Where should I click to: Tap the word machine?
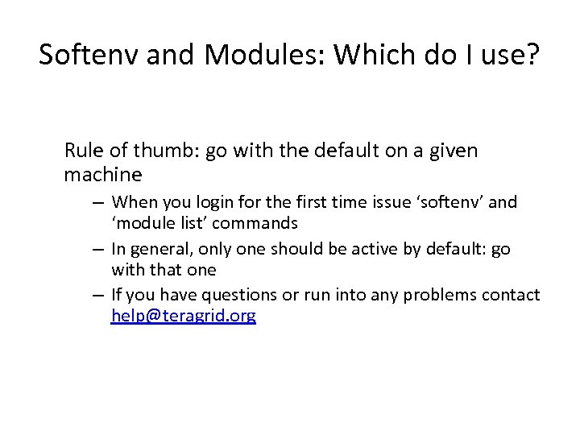tap(102, 173)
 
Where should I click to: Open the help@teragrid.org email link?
tap(183, 317)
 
